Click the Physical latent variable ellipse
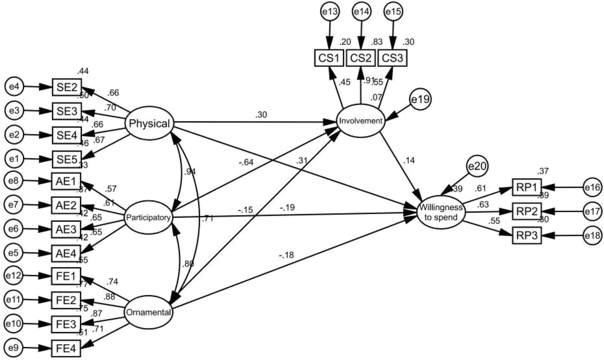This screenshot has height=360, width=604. point(149,123)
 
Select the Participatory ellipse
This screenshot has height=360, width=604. point(148,218)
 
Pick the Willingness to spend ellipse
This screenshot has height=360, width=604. point(441,212)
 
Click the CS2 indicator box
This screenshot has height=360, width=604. point(361,58)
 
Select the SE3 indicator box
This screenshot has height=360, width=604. point(67,111)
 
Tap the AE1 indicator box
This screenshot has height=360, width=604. point(66,181)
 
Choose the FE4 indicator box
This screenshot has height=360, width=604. point(66,348)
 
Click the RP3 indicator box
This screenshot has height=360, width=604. point(527,235)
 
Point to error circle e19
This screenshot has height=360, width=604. point(420,99)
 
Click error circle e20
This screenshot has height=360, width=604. point(477,166)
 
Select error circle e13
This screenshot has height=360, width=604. point(330,12)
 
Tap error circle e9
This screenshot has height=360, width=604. point(14,348)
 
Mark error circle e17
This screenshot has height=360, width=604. point(592,212)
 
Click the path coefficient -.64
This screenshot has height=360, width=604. point(246,162)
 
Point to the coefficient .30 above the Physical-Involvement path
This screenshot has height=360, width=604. point(261,115)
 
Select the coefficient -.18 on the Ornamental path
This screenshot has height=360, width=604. point(286,255)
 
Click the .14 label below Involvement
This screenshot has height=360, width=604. point(409,160)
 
